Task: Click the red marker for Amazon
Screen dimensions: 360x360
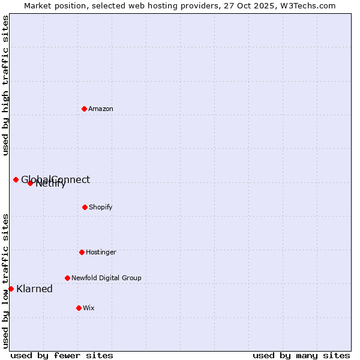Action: tap(84, 109)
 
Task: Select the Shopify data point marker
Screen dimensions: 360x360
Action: tap(85, 207)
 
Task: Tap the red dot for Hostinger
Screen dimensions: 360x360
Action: tap(82, 252)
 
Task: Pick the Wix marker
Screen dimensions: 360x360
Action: tap(79, 308)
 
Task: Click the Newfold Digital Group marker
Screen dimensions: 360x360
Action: tap(67, 278)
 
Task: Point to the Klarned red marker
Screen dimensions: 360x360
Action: tap(11, 289)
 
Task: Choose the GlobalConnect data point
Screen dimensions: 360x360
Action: tap(16, 179)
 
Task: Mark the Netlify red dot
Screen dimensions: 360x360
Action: tap(30, 183)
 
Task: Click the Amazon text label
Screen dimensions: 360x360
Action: tap(101, 109)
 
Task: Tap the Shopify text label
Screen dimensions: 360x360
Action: tap(101, 207)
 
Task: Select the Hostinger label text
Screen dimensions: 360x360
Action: tap(101, 252)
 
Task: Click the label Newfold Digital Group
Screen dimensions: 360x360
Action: tap(106, 278)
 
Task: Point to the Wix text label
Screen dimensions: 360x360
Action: tap(89, 308)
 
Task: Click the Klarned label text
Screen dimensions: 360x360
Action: tap(35, 289)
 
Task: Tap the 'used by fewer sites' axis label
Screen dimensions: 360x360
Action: tap(62, 355)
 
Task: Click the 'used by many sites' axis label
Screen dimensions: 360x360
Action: tap(301, 355)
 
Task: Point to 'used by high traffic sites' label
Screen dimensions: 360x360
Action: tap(5, 85)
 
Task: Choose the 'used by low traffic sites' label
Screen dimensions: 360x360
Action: tap(5, 281)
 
